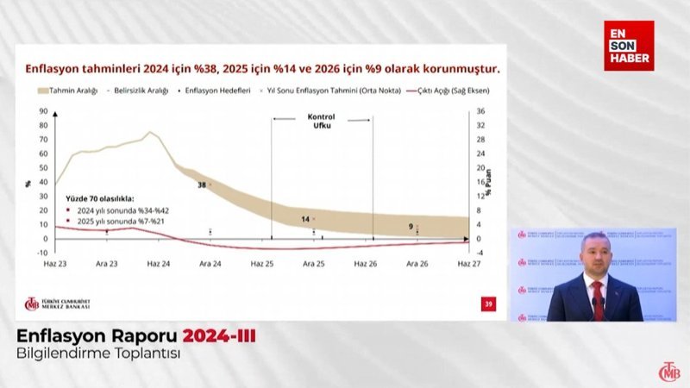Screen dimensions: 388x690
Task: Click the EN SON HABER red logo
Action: [x=628, y=45]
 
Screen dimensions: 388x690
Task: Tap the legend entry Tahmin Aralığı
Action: [x=64, y=90]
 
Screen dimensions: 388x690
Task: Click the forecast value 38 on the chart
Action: [x=202, y=185]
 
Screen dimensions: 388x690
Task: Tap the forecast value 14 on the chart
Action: [x=305, y=219]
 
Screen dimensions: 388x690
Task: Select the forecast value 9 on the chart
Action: [x=411, y=227]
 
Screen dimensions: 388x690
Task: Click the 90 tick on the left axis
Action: [x=42, y=111]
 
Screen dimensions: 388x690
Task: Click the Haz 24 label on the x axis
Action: [x=159, y=262]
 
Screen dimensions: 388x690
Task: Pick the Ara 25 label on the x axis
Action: [x=314, y=262]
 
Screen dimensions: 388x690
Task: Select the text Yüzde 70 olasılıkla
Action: [x=99, y=197]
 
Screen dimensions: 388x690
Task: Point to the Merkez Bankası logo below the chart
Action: [x=60, y=304]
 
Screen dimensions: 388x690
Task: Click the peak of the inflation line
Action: [x=149, y=132]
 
